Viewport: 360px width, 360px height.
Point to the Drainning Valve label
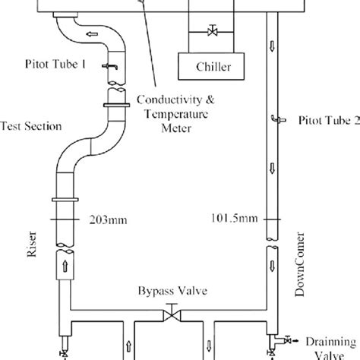[x=331, y=346]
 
